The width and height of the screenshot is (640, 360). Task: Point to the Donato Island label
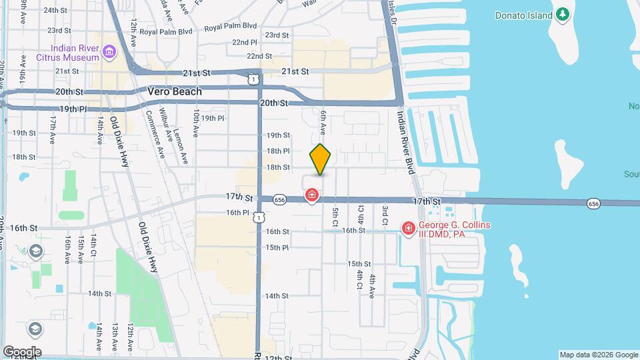(x=523, y=15)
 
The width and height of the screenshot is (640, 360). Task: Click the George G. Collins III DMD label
(x=454, y=230)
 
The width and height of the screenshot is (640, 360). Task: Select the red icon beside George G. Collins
(x=408, y=229)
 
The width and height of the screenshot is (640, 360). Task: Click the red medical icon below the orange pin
(x=311, y=195)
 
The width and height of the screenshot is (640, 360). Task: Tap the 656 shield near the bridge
(x=593, y=203)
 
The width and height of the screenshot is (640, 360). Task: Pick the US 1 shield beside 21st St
(x=252, y=79)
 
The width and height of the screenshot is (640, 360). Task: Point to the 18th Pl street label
(x=278, y=151)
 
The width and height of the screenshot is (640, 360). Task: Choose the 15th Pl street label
(x=277, y=247)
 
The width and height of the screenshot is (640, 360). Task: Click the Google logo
(x=22, y=351)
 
